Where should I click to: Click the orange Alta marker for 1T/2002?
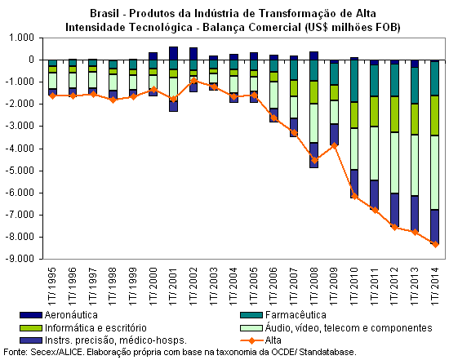click(193, 81)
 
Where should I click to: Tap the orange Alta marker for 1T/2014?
click(436, 244)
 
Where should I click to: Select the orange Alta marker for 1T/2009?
click(335, 145)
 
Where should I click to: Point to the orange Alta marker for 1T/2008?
click(314, 160)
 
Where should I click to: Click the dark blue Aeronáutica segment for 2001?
click(174, 53)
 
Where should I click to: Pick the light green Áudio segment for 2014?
click(435, 172)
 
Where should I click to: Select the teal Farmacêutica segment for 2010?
click(354, 81)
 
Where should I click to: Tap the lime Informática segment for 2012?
click(395, 114)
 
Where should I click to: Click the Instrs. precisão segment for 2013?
click(415, 214)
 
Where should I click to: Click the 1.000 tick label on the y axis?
click(21, 38)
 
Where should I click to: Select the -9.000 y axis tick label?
click(20, 259)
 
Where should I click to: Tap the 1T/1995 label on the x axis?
click(52, 286)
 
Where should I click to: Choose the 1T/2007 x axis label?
click(294, 286)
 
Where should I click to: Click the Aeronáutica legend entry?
click(59, 315)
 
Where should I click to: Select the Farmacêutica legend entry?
click(283, 315)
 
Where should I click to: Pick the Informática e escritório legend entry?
click(83, 327)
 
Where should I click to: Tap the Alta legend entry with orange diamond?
click(261, 340)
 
